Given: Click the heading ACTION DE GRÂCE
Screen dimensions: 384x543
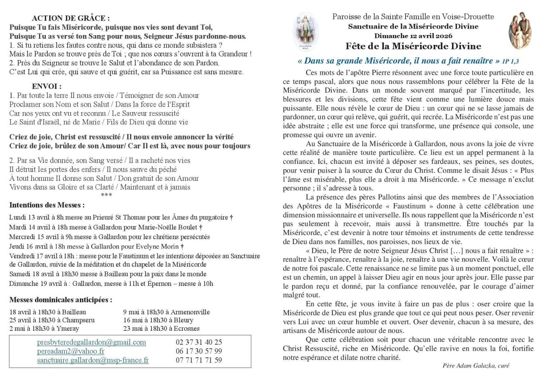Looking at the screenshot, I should tap(71, 18).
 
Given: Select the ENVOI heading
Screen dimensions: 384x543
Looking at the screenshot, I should tap(47, 86).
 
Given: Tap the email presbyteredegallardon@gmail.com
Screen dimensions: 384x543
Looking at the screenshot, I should tap(91, 342).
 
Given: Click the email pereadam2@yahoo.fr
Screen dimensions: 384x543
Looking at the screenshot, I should tap(71, 351).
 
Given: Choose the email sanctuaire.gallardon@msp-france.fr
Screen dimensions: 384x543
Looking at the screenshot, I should tap(93, 361).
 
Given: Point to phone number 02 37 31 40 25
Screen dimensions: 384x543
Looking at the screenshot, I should tap(199, 342).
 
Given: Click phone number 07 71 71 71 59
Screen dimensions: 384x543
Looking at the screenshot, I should tap(199, 361).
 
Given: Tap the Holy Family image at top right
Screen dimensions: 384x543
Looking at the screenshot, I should tap(520, 31).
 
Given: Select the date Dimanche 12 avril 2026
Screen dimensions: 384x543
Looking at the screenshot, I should tap(413, 36).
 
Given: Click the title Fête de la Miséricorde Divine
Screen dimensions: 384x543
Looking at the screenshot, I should tap(413, 46).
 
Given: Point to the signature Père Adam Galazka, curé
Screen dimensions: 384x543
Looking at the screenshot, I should tap(475, 366).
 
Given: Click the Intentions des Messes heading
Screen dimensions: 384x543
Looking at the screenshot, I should tap(47, 206).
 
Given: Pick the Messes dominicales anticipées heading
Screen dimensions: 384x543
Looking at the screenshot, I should tap(61, 300).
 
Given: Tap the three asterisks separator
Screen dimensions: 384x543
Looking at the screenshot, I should tap(107, 195).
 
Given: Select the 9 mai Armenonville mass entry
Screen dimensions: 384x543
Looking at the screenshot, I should tap(166, 312).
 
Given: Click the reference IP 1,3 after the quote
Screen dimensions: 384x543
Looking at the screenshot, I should tap(510, 61).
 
